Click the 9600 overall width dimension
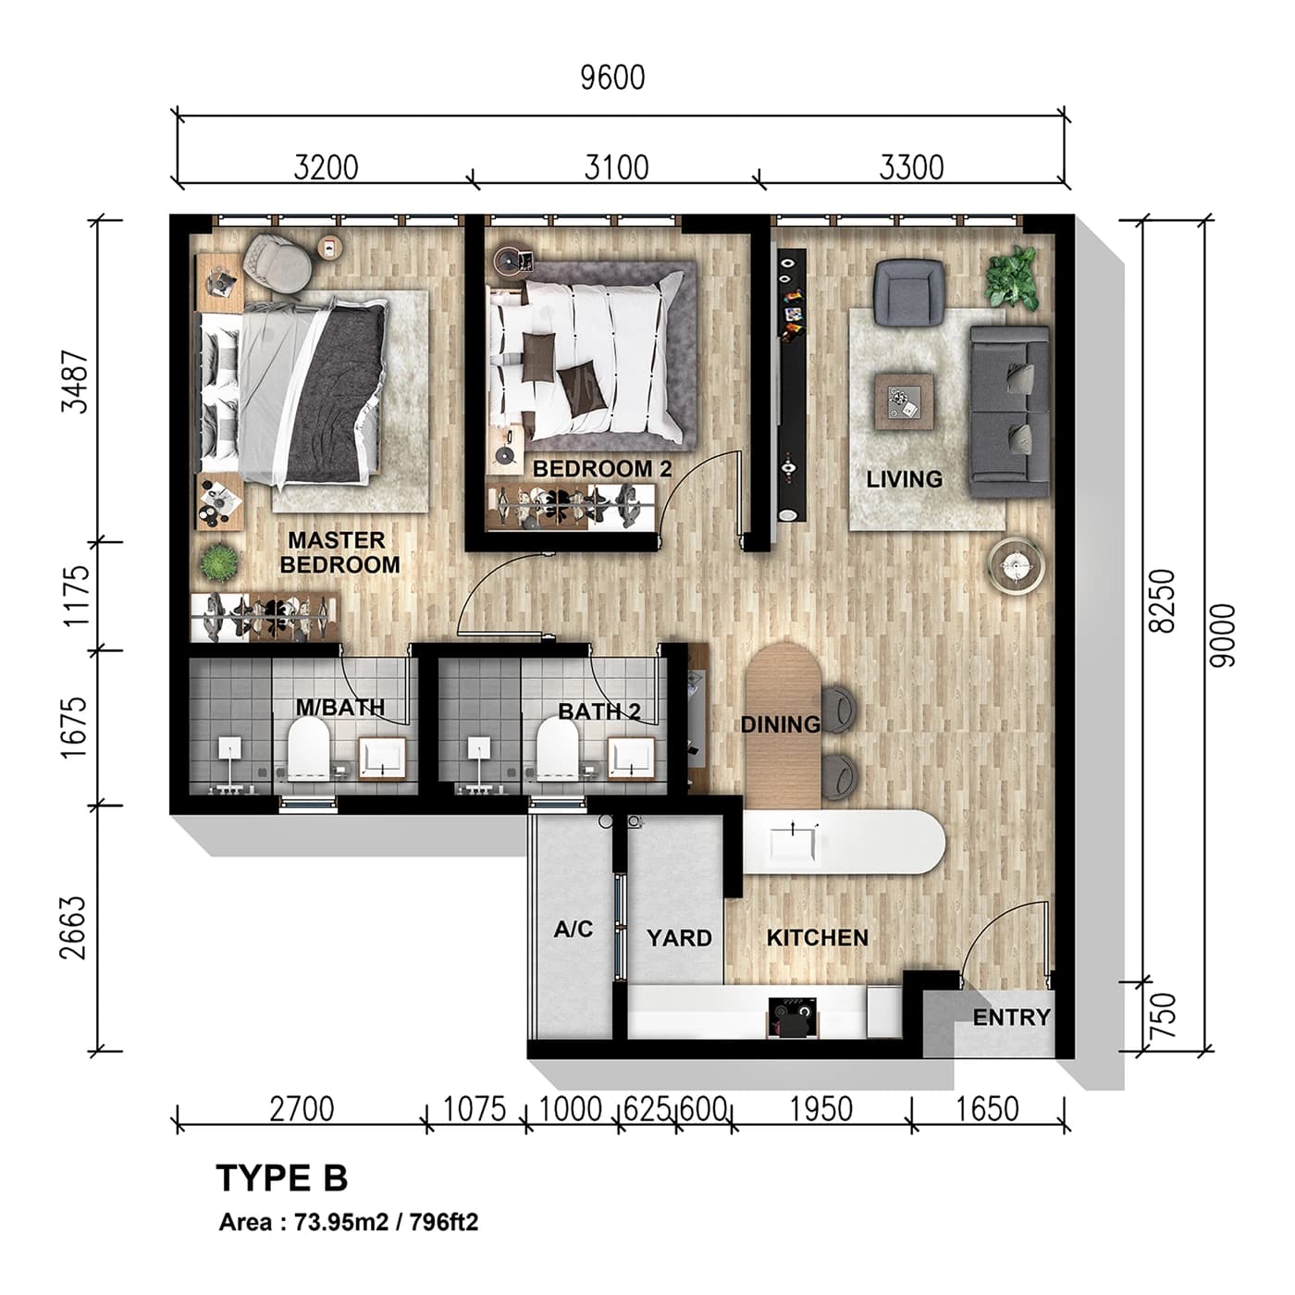pos(612,78)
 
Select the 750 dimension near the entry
pos(1164,1015)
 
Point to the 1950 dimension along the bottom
pos(820,1108)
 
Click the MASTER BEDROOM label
pos(339,552)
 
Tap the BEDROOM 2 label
pos(601,469)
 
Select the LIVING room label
pos(904,479)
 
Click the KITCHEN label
pos(817,938)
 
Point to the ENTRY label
pos(1011,1017)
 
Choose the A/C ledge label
pos(573,929)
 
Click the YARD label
pos(679,938)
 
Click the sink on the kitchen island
pos(794,843)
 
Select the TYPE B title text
pos(281,1178)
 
